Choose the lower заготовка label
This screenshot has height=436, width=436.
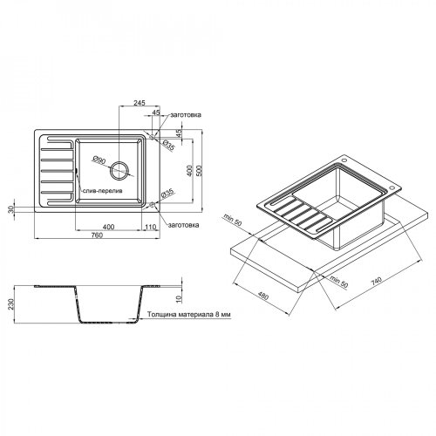pyautogui.click(x=185, y=225)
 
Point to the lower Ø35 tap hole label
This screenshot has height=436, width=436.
pyautogui.click(x=169, y=192)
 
